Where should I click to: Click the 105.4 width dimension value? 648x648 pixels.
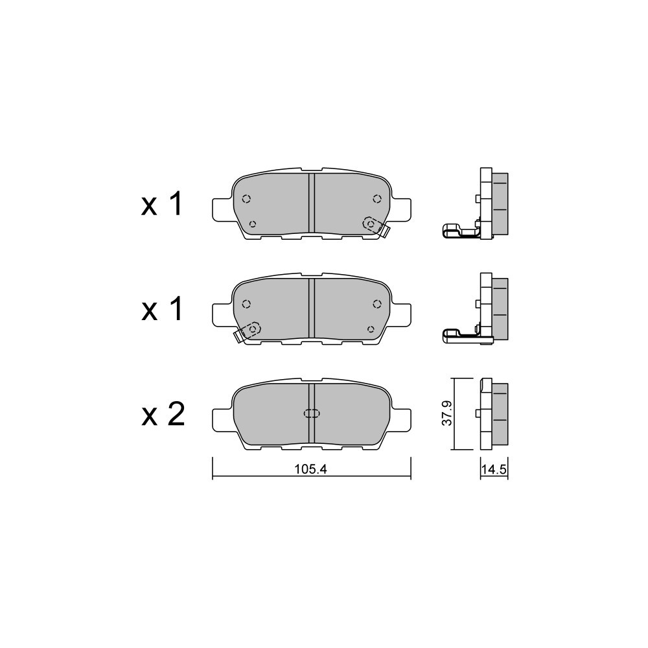[x=311, y=469]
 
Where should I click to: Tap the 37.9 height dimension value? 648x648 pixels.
[x=447, y=413]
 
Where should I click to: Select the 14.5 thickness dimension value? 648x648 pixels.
[x=494, y=469]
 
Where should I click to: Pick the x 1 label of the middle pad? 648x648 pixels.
[x=161, y=310]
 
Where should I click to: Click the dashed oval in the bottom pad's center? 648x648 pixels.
[x=312, y=413]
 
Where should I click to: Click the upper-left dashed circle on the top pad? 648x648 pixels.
[x=246, y=199]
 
